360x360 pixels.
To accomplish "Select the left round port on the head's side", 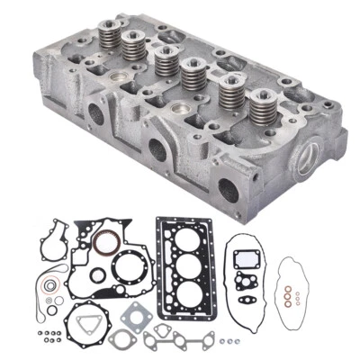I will point(93,115).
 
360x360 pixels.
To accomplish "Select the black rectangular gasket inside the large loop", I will point(244,257).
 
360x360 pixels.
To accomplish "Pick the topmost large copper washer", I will point(285,290).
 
